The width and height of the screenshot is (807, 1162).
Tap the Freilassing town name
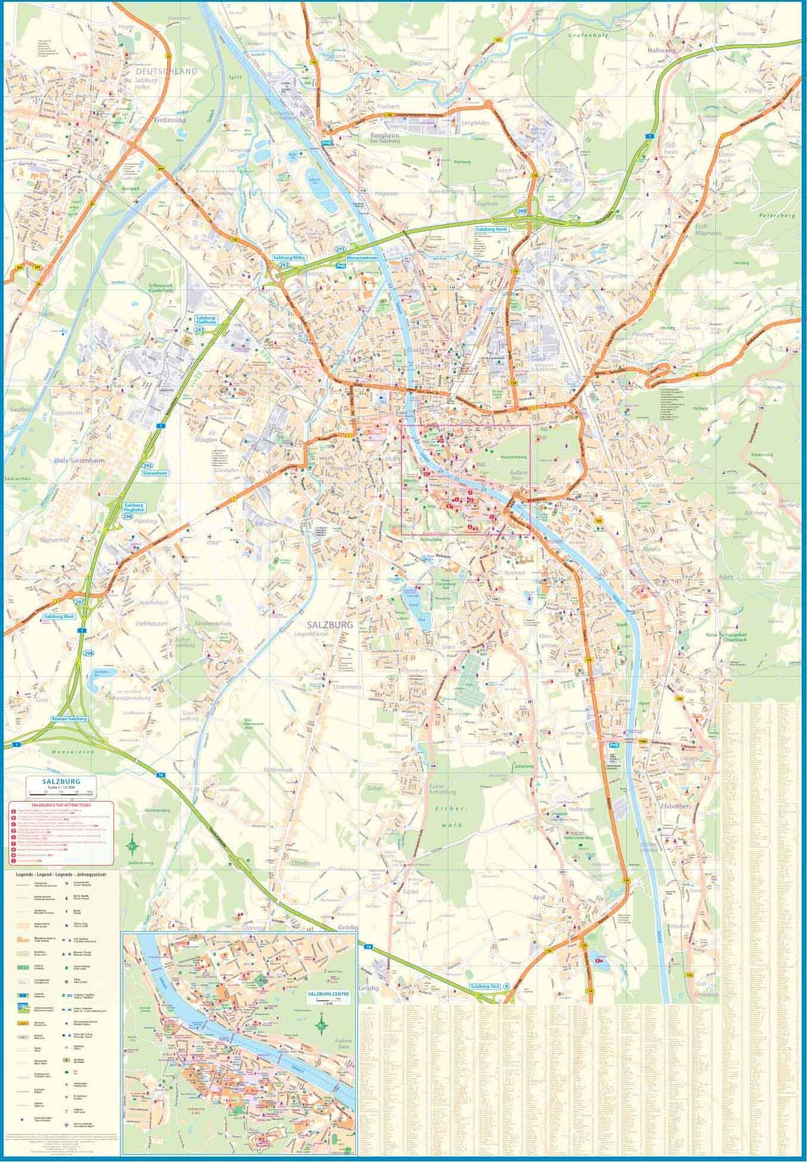tap(169, 119)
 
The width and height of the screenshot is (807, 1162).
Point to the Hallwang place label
tap(662, 51)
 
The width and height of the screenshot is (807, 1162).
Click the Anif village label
tap(539, 898)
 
